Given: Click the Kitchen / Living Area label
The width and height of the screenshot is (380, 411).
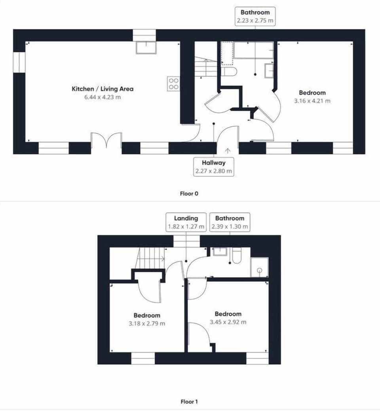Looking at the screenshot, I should coord(102,89).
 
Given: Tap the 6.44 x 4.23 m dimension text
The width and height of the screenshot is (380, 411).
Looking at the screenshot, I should coord(102,97).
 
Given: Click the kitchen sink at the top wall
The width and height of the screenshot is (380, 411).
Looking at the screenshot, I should coord(146,48).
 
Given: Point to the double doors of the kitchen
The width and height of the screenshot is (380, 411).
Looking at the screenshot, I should coord(106,141).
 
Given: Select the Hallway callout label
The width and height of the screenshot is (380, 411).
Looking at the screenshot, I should coord(213,162).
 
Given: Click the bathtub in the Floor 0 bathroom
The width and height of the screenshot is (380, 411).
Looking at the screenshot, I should coord(253,50).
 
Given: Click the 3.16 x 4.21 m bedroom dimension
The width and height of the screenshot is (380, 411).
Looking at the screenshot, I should coord(312,101).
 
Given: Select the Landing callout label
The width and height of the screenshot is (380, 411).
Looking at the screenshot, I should coord(186,218).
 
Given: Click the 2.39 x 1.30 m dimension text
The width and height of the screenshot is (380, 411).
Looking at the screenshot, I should coord(230,227).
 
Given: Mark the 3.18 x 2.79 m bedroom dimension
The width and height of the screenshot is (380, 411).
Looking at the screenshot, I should coord(147,324).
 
